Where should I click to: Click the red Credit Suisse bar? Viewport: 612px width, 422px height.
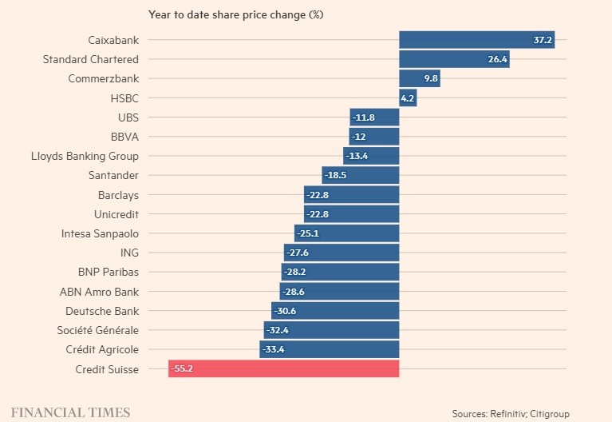(283, 369)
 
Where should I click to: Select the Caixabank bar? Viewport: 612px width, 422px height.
(476, 40)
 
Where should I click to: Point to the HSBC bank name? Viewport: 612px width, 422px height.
(124, 98)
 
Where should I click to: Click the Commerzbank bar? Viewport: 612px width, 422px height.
(420, 78)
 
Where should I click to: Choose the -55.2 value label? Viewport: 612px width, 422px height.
(184, 369)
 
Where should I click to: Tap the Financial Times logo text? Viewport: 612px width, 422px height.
(70, 412)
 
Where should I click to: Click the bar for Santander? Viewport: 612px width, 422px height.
(361, 176)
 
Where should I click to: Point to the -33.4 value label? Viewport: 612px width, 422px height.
(274, 349)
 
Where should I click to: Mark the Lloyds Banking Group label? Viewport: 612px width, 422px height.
(85, 156)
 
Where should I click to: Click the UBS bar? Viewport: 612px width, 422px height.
(374, 117)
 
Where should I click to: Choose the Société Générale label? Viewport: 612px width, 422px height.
(97, 330)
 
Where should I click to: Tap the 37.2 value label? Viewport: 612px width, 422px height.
(543, 40)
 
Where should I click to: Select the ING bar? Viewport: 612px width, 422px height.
(342, 253)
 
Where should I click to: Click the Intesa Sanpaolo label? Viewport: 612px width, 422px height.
(100, 233)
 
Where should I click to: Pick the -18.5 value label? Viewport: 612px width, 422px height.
(337, 176)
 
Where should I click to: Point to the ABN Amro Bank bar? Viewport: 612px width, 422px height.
(339, 292)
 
